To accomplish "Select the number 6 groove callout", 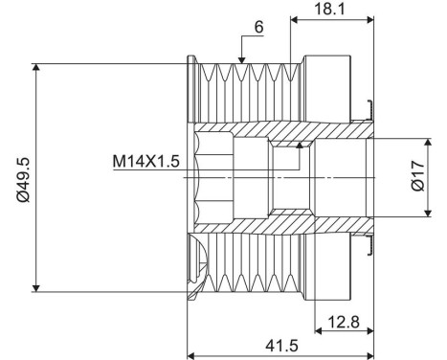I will pos(258,27).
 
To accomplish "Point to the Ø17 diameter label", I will pos(417,179).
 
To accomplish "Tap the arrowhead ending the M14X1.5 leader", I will pos(302,144).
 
